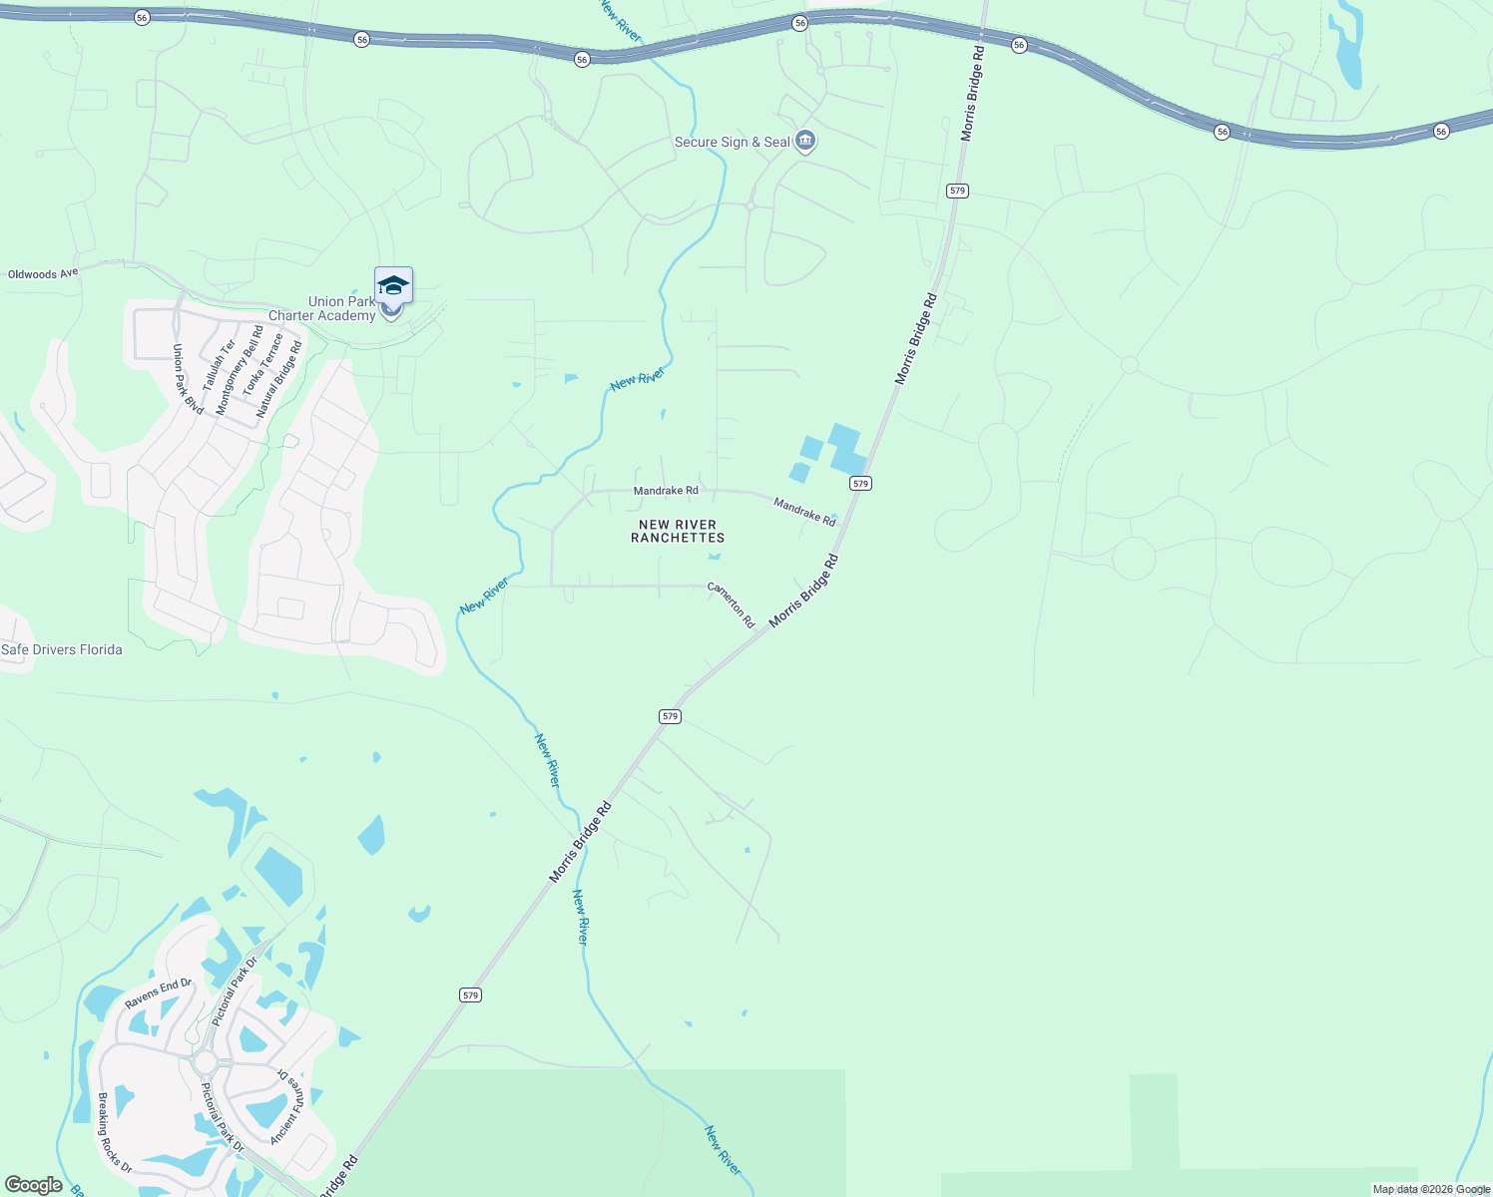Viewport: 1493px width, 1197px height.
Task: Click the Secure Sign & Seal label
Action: click(732, 143)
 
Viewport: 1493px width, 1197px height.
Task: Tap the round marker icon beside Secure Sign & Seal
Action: click(806, 142)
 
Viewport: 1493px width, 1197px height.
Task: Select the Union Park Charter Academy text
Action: click(322, 309)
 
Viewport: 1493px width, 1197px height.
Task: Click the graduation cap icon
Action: click(393, 285)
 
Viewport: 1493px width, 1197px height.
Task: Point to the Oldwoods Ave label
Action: click(43, 274)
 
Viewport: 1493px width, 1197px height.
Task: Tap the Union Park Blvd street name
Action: click(188, 380)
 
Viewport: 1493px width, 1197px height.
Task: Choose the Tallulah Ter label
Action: click(219, 365)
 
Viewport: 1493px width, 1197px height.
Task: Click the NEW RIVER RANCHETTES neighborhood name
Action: click(678, 531)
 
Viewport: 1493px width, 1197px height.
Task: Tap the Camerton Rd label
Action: click(732, 604)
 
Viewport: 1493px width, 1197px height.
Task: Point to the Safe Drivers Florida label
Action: click(62, 650)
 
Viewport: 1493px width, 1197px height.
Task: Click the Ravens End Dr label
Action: click(159, 994)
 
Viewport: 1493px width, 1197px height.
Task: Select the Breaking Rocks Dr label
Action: click(115, 1131)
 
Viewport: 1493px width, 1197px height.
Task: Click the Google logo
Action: click(34, 1185)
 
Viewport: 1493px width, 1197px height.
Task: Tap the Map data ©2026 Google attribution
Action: click(1431, 1189)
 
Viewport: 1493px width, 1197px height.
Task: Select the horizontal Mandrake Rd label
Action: click(666, 491)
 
